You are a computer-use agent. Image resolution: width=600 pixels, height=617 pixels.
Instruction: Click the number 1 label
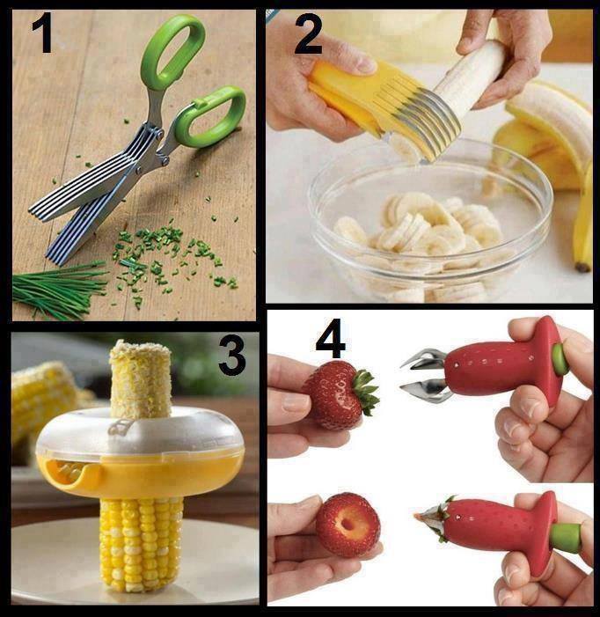(42, 33)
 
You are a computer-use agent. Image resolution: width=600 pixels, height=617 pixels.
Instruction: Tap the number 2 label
(308, 33)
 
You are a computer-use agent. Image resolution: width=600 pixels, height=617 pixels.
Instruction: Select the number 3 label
(233, 355)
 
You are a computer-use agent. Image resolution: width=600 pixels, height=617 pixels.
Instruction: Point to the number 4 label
(331, 338)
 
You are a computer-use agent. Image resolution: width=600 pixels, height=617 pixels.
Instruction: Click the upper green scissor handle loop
(173, 51)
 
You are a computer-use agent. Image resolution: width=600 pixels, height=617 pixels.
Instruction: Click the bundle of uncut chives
(59, 290)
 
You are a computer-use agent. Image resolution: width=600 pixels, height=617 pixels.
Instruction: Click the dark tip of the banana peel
(582, 268)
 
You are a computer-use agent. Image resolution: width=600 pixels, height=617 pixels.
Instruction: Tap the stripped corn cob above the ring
(141, 379)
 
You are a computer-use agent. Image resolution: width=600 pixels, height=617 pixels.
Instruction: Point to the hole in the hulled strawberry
(348, 525)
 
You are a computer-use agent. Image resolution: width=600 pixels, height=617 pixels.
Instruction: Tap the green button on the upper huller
(560, 359)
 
